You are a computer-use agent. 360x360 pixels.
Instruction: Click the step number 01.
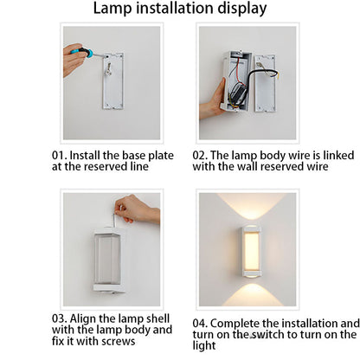59,156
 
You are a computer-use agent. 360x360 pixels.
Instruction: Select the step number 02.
200,156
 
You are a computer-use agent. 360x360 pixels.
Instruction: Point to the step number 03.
59,318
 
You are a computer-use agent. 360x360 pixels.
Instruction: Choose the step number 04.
200,324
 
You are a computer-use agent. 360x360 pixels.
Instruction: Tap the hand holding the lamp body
213,100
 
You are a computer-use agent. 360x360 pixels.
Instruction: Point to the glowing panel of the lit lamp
252,250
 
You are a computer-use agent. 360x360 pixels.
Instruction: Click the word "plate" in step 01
161,156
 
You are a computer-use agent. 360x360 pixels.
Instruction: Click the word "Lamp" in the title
112,9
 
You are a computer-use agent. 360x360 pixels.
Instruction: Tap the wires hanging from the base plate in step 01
108,68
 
